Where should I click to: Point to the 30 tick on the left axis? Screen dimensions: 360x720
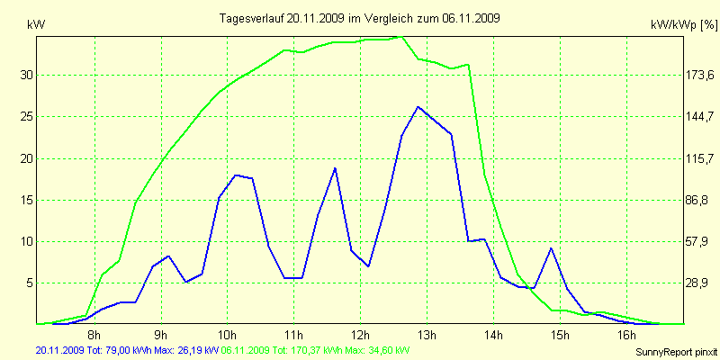(x=27, y=76)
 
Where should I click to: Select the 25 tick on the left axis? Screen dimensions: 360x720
(x=27, y=117)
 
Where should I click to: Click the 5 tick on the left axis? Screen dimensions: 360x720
(x=30, y=283)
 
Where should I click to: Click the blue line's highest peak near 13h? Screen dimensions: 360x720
(x=418, y=106)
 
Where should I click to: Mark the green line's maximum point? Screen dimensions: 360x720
(x=401, y=37)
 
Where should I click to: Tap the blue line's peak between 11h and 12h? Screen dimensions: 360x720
(x=335, y=168)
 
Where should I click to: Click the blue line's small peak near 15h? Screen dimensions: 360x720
(x=551, y=247)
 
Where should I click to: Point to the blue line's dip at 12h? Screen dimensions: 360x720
(x=369, y=265)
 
